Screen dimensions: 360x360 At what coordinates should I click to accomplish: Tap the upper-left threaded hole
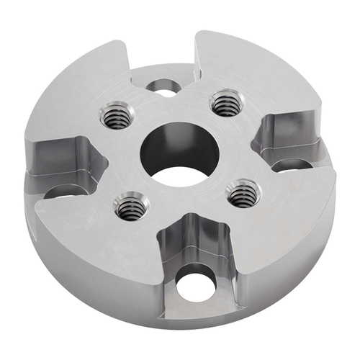click(114, 115)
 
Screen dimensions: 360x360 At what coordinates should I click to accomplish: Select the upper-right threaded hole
click(226, 102)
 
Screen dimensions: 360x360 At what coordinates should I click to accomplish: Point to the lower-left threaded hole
click(132, 208)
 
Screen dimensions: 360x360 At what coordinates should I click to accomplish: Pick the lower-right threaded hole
click(243, 192)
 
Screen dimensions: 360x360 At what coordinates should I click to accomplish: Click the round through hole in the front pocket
click(194, 284)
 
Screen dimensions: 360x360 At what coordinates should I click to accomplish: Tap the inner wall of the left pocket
click(61, 155)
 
